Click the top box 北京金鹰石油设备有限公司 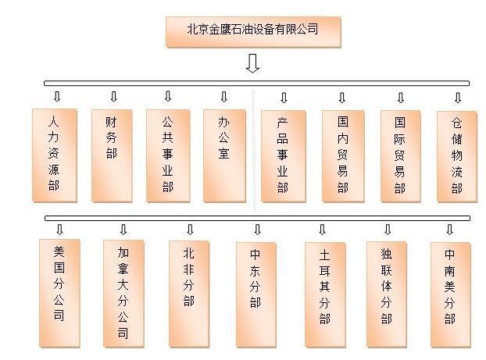pyautogui.click(x=253, y=32)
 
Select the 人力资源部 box pyautogui.click(x=55, y=155)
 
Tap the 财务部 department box pyautogui.click(x=112, y=156)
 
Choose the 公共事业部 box pyautogui.click(x=168, y=156)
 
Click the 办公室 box pyautogui.click(x=225, y=156)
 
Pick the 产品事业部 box pyautogui.click(x=284, y=156)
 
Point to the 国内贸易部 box pyautogui.click(x=343, y=156)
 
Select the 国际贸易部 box pyautogui.click(x=401, y=156)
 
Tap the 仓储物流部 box pyautogui.click(x=457, y=157)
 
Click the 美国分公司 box pyautogui.click(x=59, y=294)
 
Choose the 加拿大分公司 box pyautogui.click(x=123, y=294)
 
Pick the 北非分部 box pyautogui.click(x=189, y=294)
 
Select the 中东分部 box pyautogui.click(x=256, y=295)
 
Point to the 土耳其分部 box pyautogui.click(x=325, y=295)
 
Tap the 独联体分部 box pyautogui.click(x=387, y=294)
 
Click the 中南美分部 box pyautogui.click(x=451, y=295)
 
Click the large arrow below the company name pyautogui.click(x=252, y=63)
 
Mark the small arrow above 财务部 pyautogui.click(x=114, y=96)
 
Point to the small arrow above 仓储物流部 pyautogui.click(x=458, y=98)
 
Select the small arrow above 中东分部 pyautogui.click(x=257, y=230)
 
